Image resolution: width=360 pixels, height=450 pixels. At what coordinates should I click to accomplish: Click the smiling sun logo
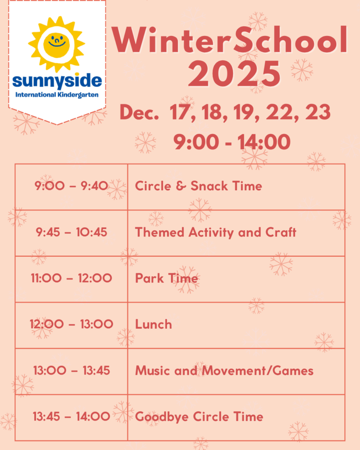pos(57,44)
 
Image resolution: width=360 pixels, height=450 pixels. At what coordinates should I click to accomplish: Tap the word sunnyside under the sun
pos(57,81)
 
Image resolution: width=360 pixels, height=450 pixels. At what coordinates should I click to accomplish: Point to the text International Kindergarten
pos(57,95)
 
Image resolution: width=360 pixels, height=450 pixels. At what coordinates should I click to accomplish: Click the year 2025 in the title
pos(234,74)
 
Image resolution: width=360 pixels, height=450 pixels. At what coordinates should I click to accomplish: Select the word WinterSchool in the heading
pos(229,40)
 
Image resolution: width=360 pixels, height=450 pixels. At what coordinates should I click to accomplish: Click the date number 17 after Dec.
pos(181,112)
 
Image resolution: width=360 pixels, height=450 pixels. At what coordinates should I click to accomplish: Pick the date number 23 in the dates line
pos(318,112)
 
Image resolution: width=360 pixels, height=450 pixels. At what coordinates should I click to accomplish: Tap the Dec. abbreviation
pos(139,112)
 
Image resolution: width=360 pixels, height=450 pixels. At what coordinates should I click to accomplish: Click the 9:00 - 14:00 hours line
pos(232,142)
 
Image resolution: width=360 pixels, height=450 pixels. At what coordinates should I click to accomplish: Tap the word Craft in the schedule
pos(281,232)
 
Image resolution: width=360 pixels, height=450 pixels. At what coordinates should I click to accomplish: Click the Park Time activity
pos(167,278)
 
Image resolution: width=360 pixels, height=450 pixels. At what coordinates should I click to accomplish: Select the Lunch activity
pos(153,324)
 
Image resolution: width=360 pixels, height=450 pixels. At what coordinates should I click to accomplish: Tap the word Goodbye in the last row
pos(162,417)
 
